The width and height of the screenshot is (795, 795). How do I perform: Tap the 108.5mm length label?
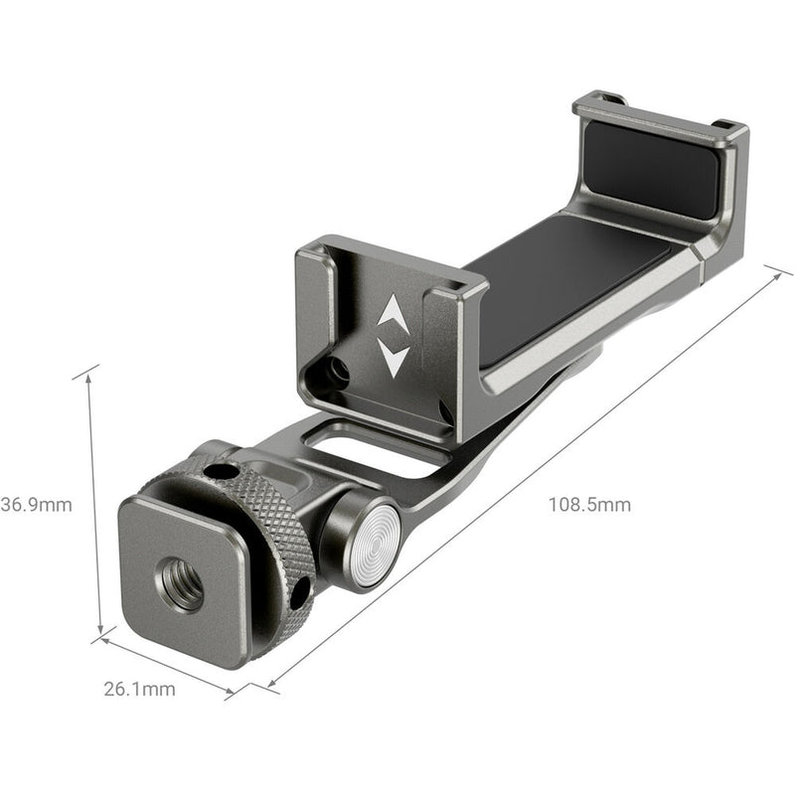[589, 504]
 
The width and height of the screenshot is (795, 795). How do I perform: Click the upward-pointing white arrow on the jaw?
[392, 315]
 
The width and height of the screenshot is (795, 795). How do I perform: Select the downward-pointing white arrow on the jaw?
[393, 358]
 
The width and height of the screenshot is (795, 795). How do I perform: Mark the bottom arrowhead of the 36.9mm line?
[100, 633]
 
